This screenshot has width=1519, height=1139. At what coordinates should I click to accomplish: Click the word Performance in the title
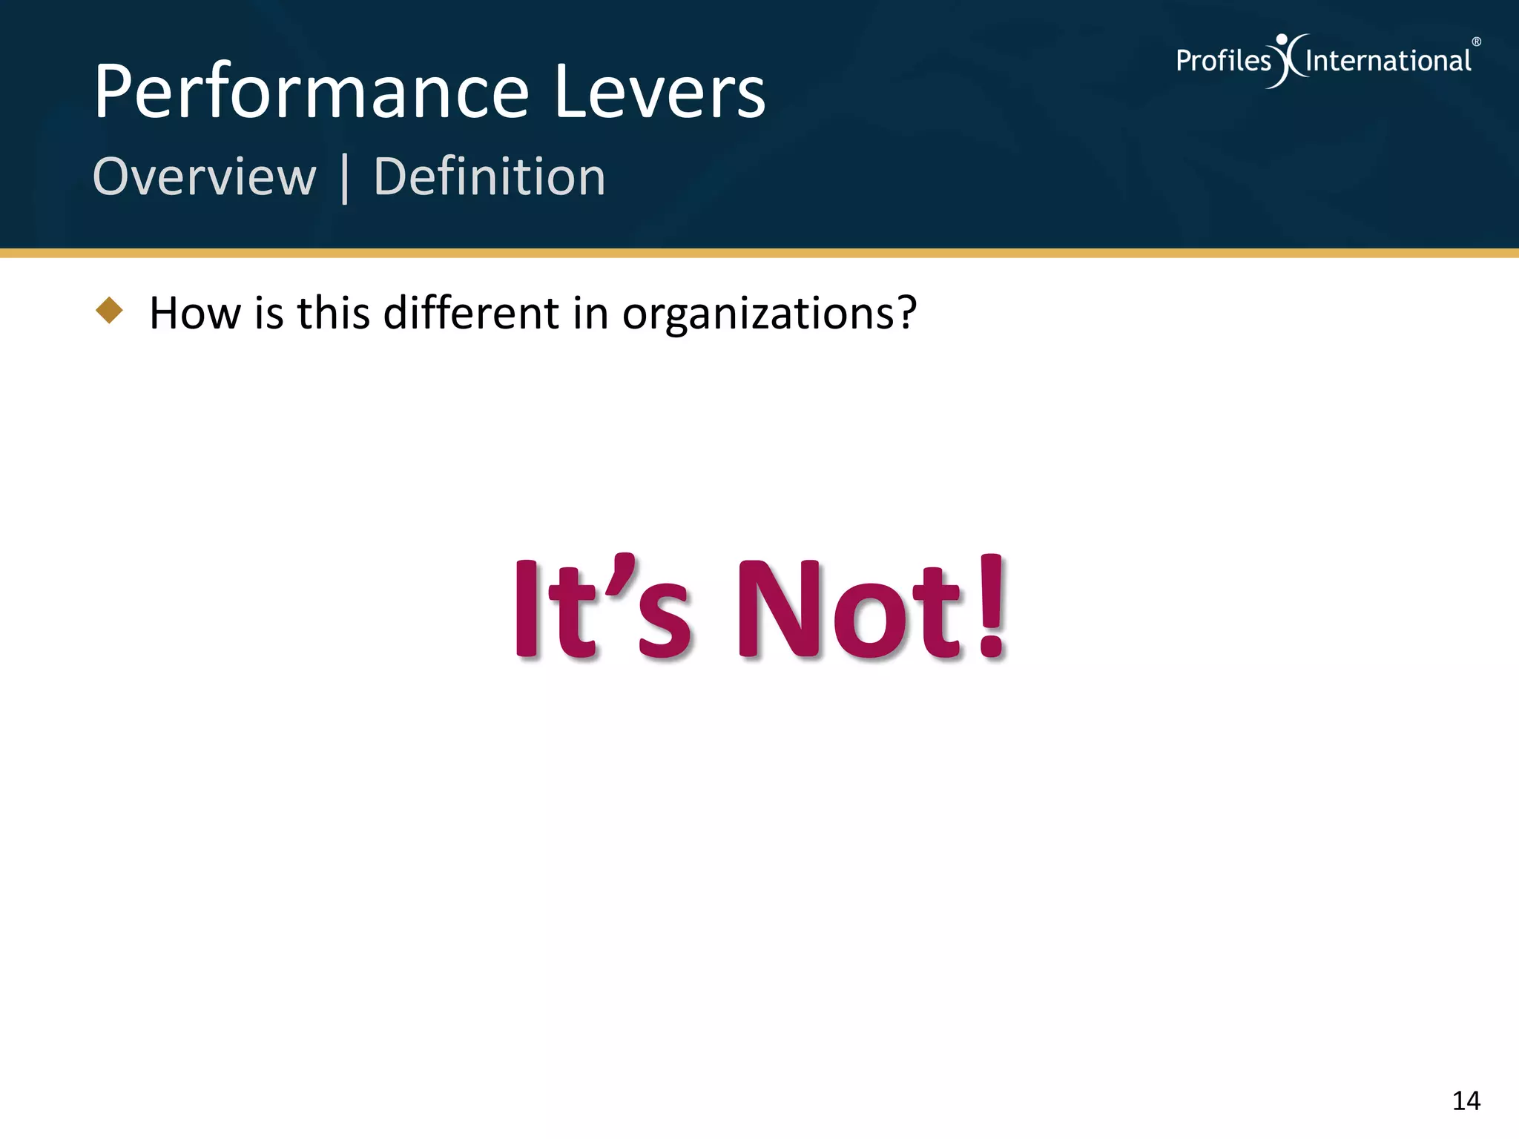pyautogui.click(x=312, y=93)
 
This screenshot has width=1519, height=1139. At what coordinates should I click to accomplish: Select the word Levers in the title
pyautogui.click(x=659, y=93)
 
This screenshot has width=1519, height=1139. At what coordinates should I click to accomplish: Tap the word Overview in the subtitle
pyautogui.click(x=205, y=177)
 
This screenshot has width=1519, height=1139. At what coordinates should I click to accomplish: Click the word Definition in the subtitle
pyautogui.click(x=490, y=177)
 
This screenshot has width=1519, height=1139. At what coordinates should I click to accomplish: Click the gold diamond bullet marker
pyautogui.click(x=110, y=310)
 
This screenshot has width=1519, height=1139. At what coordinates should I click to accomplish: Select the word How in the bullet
pyautogui.click(x=194, y=313)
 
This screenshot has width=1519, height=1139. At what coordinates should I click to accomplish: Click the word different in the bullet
pyautogui.click(x=470, y=313)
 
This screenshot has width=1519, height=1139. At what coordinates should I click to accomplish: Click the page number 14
pyautogui.click(x=1466, y=1101)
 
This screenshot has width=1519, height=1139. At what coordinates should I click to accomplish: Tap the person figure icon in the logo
pyautogui.click(x=1288, y=59)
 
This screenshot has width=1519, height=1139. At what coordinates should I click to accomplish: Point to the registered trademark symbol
pyautogui.click(x=1477, y=42)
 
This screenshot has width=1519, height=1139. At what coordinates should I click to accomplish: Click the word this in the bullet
pyautogui.click(x=333, y=313)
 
